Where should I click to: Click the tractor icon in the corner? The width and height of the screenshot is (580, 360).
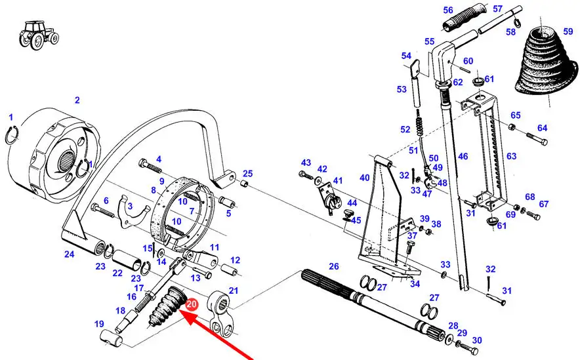pyautogui.click(x=39, y=35)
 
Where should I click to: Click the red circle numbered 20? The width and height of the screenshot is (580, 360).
pyautogui.click(x=192, y=304)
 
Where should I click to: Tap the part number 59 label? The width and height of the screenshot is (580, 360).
pyautogui.click(x=568, y=31)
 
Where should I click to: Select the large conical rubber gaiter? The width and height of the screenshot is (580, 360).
pyautogui.click(x=545, y=62)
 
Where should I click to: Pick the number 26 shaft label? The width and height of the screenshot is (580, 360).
pyautogui.click(x=334, y=266)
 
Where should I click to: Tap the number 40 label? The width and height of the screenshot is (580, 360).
pyautogui.click(x=365, y=178)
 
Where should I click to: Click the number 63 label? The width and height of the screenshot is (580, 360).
pyautogui.click(x=511, y=156)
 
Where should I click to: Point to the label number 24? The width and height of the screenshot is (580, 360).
pyautogui.click(x=69, y=254)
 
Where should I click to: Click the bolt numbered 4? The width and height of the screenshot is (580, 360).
pyautogui.click(x=150, y=167)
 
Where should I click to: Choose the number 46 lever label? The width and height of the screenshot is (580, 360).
pyautogui.click(x=463, y=156)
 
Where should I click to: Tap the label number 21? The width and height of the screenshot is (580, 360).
pyautogui.click(x=234, y=290)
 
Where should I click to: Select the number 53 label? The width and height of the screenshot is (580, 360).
pyautogui.click(x=402, y=89)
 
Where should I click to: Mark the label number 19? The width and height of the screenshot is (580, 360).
pyautogui.click(x=99, y=324)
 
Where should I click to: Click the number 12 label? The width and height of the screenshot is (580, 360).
pyautogui.click(x=236, y=260)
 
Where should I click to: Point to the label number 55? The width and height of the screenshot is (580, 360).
pyautogui.click(x=430, y=41)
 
